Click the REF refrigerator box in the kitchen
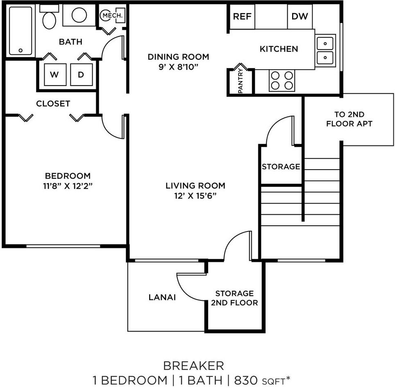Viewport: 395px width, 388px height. pyautogui.click(x=242, y=16)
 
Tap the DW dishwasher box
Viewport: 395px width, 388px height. pyautogui.click(x=300, y=16)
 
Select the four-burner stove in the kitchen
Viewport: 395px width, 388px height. pyautogui.click(x=282, y=80)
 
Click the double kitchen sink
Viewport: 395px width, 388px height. pyautogui.click(x=326, y=50)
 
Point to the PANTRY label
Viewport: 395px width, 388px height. pyautogui.click(x=241, y=81)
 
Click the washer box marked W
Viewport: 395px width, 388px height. pyautogui.click(x=54, y=75)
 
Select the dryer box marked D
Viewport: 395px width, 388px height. pyautogui.click(x=81, y=75)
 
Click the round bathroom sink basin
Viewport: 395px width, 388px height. pyautogui.click(x=79, y=15)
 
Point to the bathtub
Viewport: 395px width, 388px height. pyautogui.click(x=20, y=31)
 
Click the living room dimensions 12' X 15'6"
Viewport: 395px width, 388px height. pyautogui.click(x=195, y=196)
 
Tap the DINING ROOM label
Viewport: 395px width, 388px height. pyautogui.click(x=178, y=57)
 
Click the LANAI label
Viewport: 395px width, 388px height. pyautogui.click(x=162, y=297)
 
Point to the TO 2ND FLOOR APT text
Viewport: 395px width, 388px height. pyautogui.click(x=349, y=119)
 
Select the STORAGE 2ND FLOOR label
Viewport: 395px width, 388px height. pyautogui.click(x=234, y=298)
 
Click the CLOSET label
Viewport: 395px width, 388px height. pyautogui.click(x=53, y=104)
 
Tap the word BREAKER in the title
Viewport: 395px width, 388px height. pyautogui.click(x=193, y=365)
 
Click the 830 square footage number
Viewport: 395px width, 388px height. pyautogui.click(x=245, y=380)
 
